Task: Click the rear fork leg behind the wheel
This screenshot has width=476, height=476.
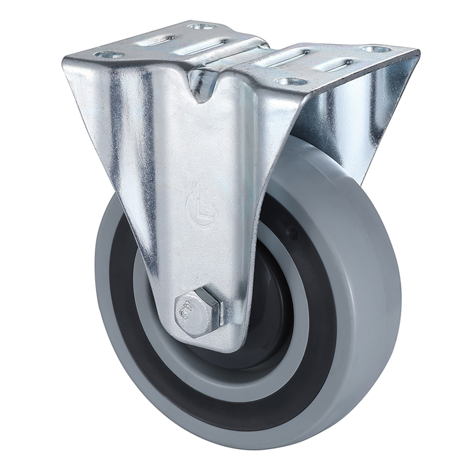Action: (x=357, y=119)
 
